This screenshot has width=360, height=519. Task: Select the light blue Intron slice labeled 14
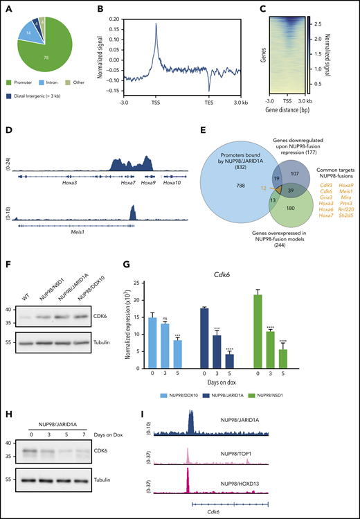tap(28, 33)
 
